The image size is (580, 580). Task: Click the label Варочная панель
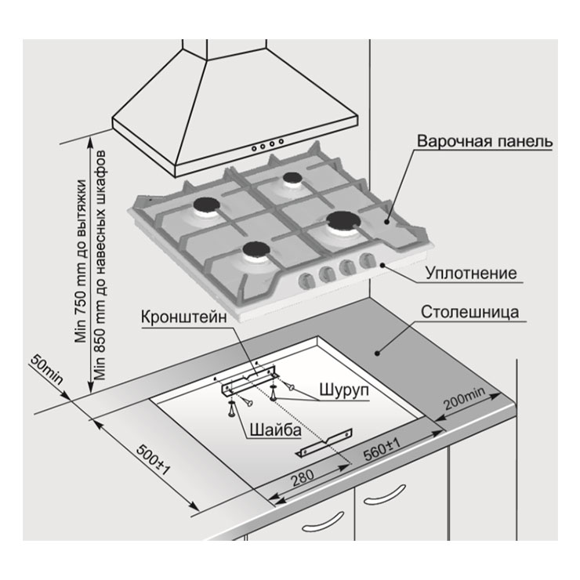pos(485,141)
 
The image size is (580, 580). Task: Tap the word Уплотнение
pos(471,274)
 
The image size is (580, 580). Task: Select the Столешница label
pos(469,312)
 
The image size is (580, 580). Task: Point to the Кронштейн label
pos(184,317)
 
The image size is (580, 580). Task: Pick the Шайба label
pos(275,430)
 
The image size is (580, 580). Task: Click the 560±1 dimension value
pos(382,449)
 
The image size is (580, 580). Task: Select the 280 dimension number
pos(303,478)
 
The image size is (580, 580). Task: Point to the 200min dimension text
pos(464,398)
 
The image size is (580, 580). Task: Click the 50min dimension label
pos(47,369)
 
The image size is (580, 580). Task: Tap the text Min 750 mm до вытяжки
pos(80,261)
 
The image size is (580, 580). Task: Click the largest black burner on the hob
pos(343,220)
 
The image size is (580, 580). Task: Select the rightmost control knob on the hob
pos(367,259)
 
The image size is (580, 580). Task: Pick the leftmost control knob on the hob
pos(306,281)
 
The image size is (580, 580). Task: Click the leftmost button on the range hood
pos(254,149)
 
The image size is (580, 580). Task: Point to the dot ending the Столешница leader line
pos(377,353)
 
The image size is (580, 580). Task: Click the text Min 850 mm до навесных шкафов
pos(100,265)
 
